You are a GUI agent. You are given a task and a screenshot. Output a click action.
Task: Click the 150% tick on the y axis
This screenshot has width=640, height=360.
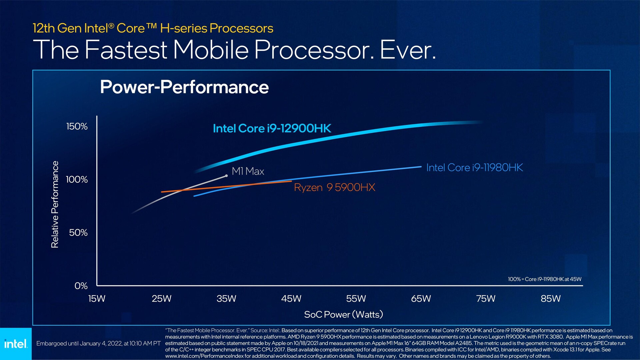coord(77,126)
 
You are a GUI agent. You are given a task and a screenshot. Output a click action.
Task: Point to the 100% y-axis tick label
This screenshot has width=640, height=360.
coord(77,179)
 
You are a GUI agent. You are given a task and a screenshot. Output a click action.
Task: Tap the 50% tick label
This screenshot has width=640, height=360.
coord(78,232)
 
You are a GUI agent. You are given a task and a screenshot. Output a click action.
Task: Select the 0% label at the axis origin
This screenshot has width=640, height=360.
coord(81,286)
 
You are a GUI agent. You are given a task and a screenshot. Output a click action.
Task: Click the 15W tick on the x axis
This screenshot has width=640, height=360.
coord(97,298)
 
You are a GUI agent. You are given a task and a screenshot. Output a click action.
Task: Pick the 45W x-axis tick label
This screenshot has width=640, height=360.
coord(291,298)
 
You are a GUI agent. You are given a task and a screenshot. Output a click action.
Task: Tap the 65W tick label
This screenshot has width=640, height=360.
coord(421,298)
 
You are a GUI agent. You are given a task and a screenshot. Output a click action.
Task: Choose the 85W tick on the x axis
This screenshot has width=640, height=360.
coord(550,298)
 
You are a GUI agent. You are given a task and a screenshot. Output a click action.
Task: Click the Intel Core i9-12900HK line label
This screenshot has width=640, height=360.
coord(272,128)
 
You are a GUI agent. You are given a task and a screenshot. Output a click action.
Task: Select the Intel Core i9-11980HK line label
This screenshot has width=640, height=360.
coord(474,167)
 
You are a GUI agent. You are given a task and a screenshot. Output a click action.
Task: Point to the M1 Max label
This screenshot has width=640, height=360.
coord(248,171)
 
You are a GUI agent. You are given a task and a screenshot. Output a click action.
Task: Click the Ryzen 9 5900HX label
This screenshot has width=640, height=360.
coord(334,187)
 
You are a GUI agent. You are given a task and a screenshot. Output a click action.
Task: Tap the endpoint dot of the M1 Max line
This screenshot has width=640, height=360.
coord(226,176)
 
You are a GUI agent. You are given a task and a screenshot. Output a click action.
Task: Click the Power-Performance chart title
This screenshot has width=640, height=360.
coord(184,87)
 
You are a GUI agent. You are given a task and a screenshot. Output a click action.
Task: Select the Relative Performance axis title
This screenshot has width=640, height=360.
coord(55,204)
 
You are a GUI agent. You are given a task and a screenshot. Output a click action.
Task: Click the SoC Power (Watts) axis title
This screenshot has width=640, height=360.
coord(343,314)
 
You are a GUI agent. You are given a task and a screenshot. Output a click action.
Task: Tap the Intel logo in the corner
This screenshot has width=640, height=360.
coord(16,343)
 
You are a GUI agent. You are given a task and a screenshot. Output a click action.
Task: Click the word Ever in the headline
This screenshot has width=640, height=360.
coord(407,50)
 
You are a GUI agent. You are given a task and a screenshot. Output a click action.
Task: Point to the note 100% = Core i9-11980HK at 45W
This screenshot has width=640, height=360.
coord(544,279)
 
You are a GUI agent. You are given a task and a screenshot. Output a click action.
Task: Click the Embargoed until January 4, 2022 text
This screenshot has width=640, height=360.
coord(98,343)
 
